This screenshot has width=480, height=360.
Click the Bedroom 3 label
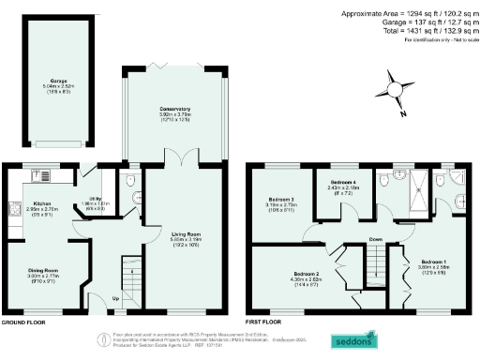coord(280,200)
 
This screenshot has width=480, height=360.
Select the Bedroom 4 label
coord(344,183)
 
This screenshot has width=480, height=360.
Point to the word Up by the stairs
coord(115,300)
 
